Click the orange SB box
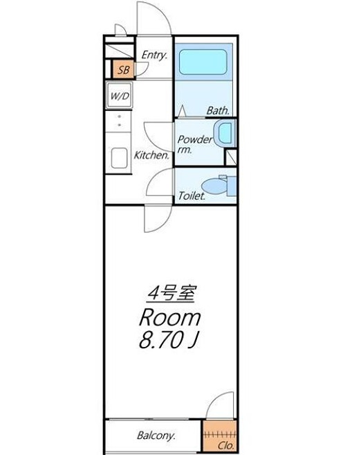pos(122,69)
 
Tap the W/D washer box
pos(119,96)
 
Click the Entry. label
pos(154,55)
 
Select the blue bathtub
pos(205,63)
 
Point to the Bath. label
pos(218,110)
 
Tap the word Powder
pos(195,139)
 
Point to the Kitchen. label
pos(151,155)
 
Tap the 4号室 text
pos(171,294)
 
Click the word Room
pos(170,318)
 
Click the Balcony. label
pos(156,436)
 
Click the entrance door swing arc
pos(154,15)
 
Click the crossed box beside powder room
pos(231,156)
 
